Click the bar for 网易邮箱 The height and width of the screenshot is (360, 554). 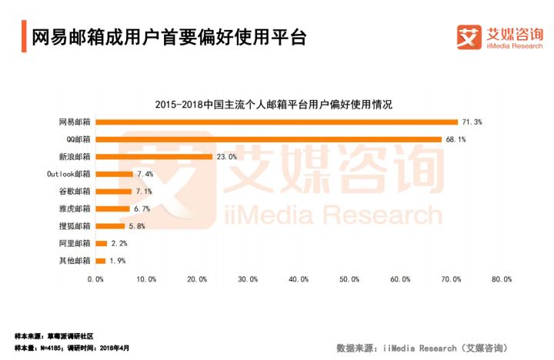[277, 122]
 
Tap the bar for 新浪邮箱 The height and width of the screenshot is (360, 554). [154, 156]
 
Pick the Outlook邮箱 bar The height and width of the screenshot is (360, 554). [114, 174]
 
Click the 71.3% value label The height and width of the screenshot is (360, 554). [472, 122]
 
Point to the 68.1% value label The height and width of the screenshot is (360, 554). [456, 139]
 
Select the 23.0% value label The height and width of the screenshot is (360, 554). [226, 156]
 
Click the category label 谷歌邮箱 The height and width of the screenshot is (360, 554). [75, 191]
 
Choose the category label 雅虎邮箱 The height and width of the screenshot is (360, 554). [75, 208]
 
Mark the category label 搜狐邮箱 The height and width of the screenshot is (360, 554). [75, 226]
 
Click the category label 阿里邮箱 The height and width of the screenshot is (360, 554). [75, 243]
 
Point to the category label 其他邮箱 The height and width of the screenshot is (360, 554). [75, 261]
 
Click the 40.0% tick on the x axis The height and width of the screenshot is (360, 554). [299, 279]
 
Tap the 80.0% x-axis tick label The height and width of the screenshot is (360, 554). [502, 279]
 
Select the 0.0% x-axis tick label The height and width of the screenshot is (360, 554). [95, 279]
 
